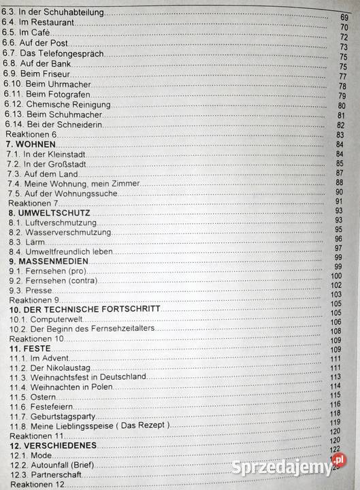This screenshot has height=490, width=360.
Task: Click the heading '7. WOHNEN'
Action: [31, 144]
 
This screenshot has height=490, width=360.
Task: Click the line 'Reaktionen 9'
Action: [34, 299]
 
